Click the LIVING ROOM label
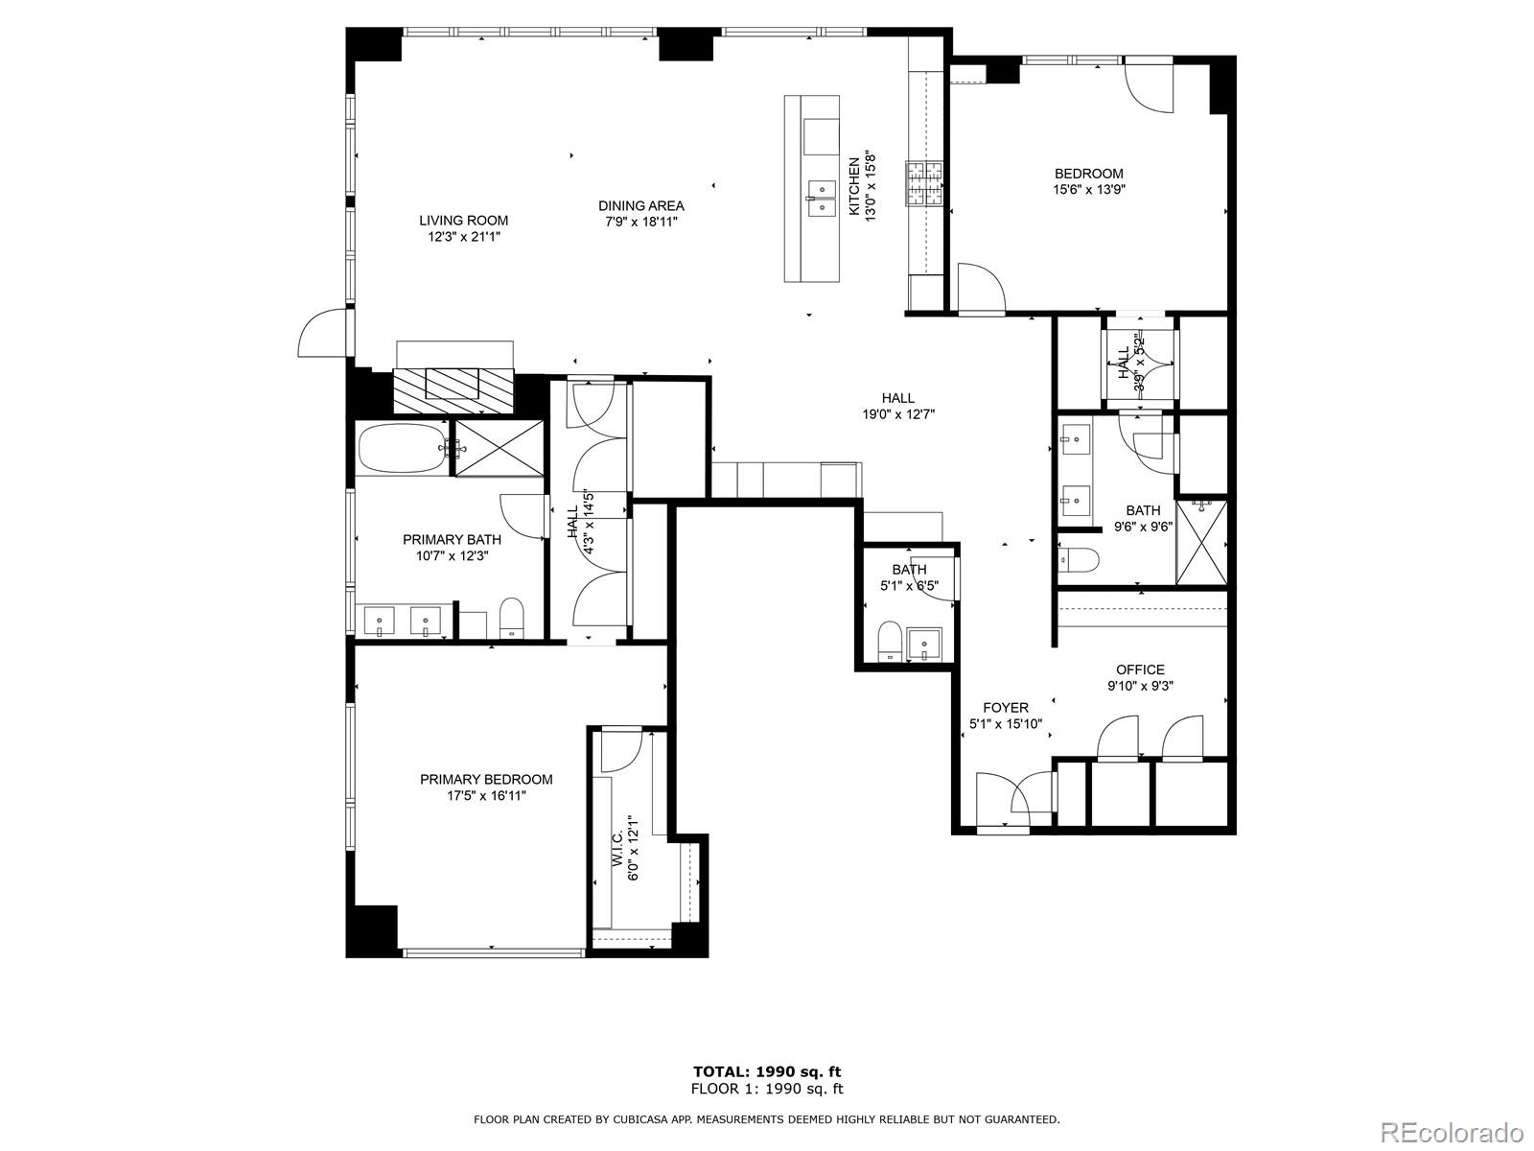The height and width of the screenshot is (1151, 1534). [x=463, y=221]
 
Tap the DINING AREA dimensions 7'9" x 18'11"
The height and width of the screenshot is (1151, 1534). [x=641, y=222]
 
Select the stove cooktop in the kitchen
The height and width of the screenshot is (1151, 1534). [x=924, y=184]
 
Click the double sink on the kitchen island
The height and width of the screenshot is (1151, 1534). [x=822, y=199]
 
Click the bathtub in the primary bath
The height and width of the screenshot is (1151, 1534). [x=402, y=448]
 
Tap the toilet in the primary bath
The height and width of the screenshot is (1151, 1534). [x=513, y=618]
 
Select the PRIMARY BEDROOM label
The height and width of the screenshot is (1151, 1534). [x=486, y=780]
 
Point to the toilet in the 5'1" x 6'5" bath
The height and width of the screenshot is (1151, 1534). [x=889, y=641]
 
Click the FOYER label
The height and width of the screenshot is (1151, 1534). [x=1005, y=708]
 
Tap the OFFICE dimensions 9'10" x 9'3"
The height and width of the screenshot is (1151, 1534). [x=1140, y=686]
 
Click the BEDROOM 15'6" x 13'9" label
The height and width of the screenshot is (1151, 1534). [x=1088, y=174]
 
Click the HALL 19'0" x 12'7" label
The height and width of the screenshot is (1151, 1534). [x=897, y=398]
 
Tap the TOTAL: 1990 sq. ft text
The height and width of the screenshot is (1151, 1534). [x=767, y=1071]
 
